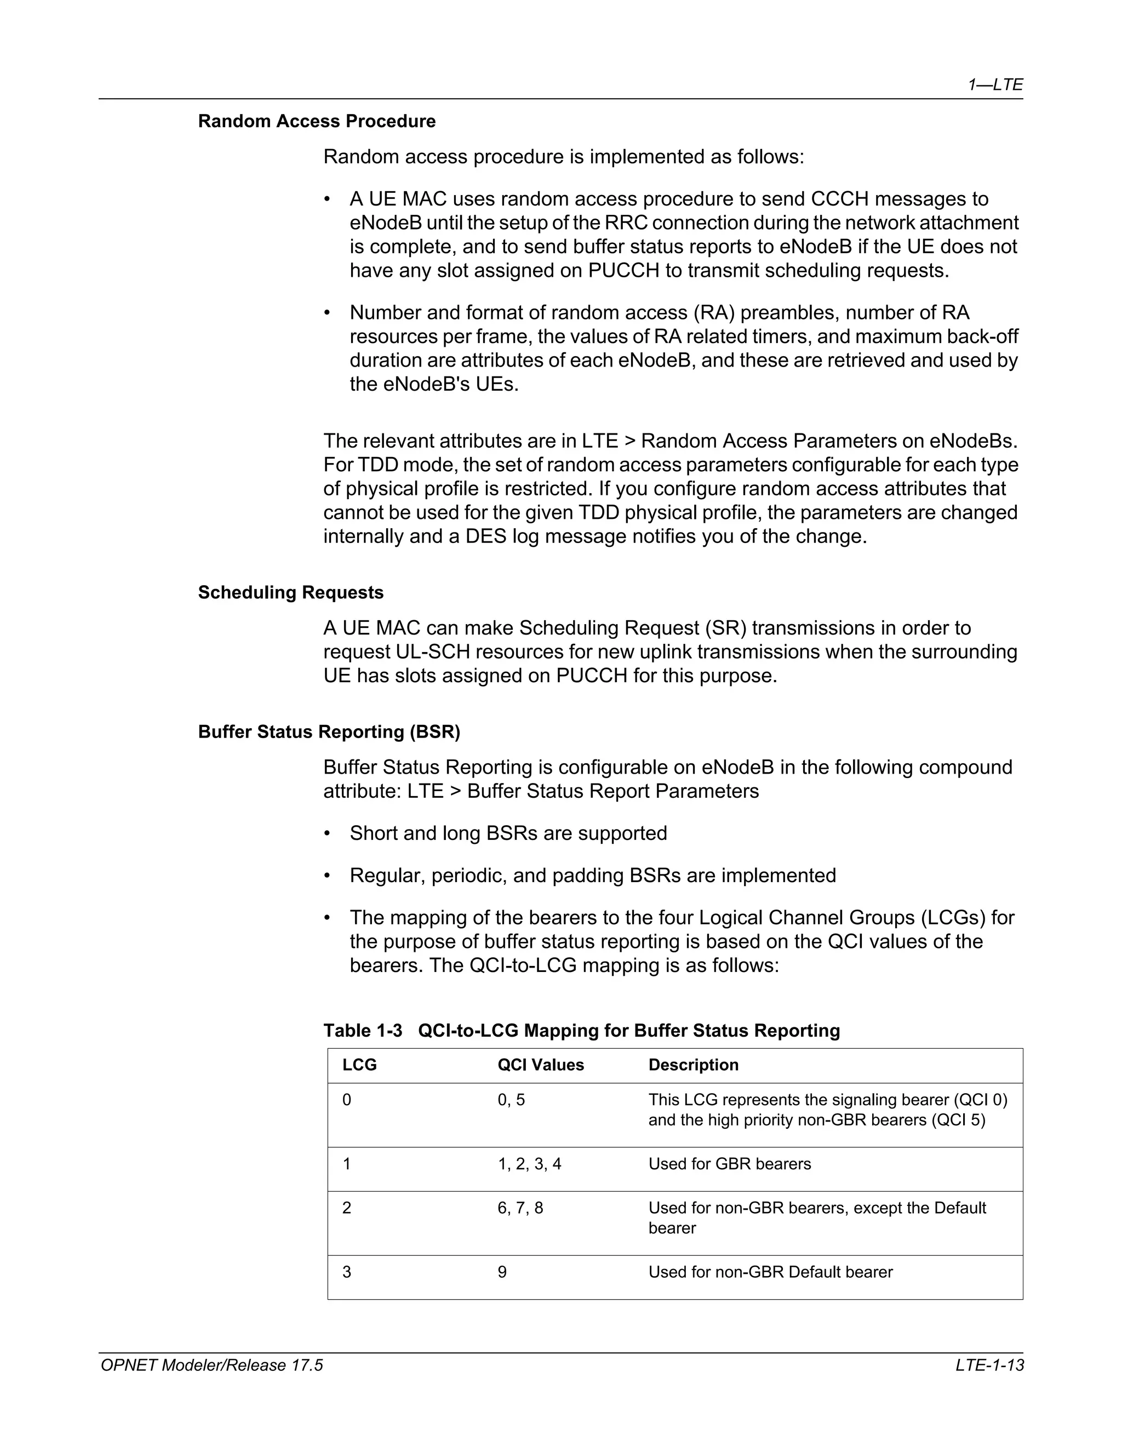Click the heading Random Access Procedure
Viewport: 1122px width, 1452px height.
point(317,121)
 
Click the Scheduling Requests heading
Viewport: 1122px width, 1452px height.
point(290,592)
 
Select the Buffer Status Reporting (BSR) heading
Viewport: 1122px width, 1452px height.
point(329,731)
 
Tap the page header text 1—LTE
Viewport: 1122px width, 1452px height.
point(995,84)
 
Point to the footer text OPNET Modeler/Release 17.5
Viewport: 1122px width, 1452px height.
point(211,1365)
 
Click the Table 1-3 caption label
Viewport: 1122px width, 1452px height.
point(363,1031)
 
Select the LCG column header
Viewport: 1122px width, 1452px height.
point(359,1065)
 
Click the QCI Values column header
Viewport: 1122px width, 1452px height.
point(540,1065)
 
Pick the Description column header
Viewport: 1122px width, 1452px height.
point(693,1065)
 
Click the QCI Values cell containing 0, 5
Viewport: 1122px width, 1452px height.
point(511,1100)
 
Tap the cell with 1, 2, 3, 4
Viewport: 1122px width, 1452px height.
point(529,1164)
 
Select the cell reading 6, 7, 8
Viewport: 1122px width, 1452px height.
point(520,1208)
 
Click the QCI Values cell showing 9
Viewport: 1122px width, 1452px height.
point(502,1272)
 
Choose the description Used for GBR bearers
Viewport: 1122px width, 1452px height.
point(729,1164)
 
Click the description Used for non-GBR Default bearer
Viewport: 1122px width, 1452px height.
point(770,1272)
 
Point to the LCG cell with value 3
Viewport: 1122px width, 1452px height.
point(346,1272)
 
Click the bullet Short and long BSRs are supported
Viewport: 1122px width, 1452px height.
point(508,833)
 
